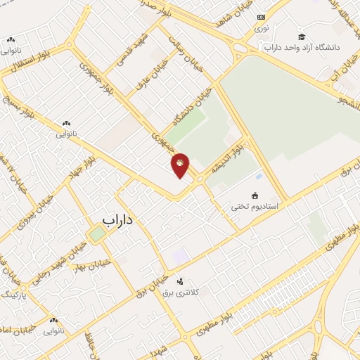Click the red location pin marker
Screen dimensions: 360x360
point(181,165)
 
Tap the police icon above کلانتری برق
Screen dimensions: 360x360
point(179,281)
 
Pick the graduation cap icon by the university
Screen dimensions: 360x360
point(301,37)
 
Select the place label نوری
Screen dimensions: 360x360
point(262,28)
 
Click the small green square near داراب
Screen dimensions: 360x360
point(97,233)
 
